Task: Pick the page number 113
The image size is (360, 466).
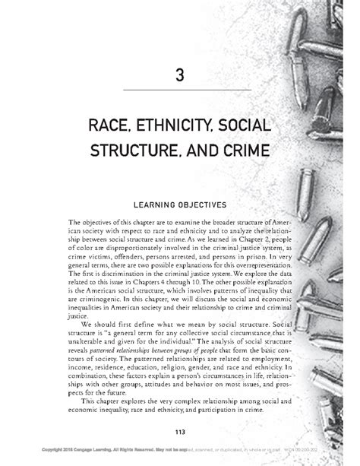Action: [x=180, y=432]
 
